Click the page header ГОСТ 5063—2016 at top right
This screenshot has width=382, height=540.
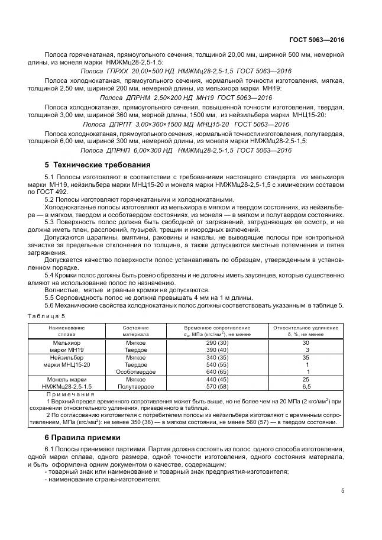[x=316, y=40]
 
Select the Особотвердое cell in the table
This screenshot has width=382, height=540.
[x=135, y=371]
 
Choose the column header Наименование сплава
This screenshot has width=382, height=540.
[x=67, y=331]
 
